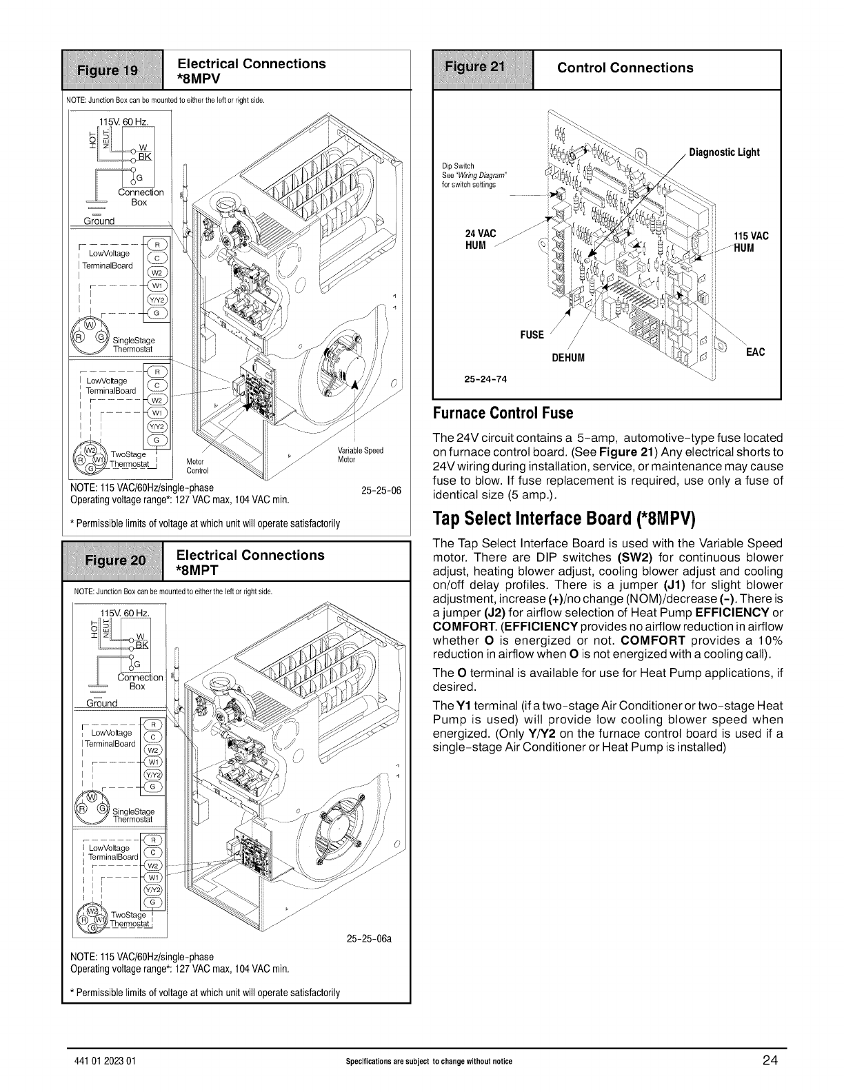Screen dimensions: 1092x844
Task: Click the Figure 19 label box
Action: click(x=112, y=70)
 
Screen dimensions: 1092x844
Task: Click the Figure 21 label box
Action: click(x=481, y=68)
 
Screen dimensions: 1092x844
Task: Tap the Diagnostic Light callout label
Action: click(x=724, y=152)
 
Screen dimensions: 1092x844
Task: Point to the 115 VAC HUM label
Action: click(x=751, y=242)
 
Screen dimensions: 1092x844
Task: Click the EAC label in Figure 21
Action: click(x=755, y=352)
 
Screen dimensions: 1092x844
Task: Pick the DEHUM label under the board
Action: click(x=568, y=358)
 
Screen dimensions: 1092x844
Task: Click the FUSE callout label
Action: click(x=532, y=335)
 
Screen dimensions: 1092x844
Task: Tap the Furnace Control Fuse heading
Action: click(x=503, y=414)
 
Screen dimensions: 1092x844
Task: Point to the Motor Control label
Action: click(x=198, y=467)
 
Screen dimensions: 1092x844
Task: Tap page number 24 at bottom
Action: click(x=770, y=1060)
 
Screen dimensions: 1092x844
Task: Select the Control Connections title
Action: click(x=625, y=68)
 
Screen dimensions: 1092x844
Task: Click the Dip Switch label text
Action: click(x=454, y=165)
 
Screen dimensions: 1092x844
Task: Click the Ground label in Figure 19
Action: click(x=100, y=221)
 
